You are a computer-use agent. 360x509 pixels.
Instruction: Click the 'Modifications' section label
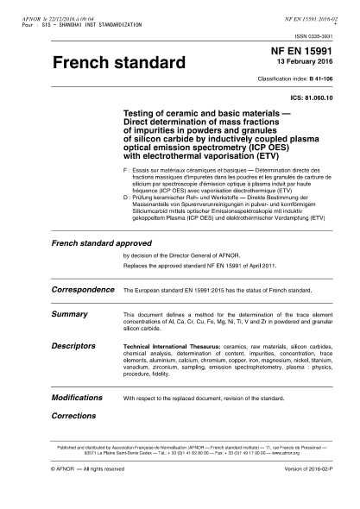tap(78, 399)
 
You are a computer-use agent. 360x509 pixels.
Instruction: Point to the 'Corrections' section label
tap(74, 415)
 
